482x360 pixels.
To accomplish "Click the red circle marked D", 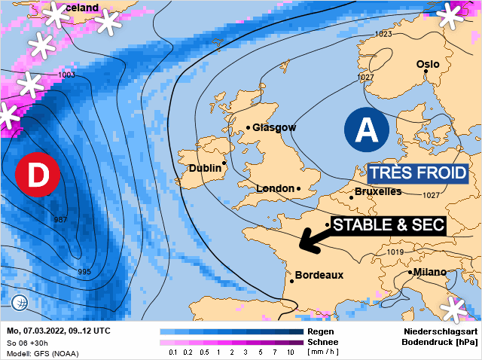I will [38, 173].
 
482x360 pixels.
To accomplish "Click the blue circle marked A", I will [366, 130].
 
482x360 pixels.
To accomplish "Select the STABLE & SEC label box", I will [389, 224].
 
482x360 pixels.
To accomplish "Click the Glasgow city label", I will [274, 127].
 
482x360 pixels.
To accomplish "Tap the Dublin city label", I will [204, 168].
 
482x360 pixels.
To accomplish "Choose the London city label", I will [276, 188].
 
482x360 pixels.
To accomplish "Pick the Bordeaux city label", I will [319, 276].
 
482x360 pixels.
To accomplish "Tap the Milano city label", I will [429, 272].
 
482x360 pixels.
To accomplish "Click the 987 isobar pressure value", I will [64, 220].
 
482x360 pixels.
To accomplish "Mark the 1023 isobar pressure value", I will [383, 34].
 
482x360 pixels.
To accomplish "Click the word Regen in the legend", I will [321, 331].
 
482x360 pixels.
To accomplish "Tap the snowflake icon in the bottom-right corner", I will [454, 310].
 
